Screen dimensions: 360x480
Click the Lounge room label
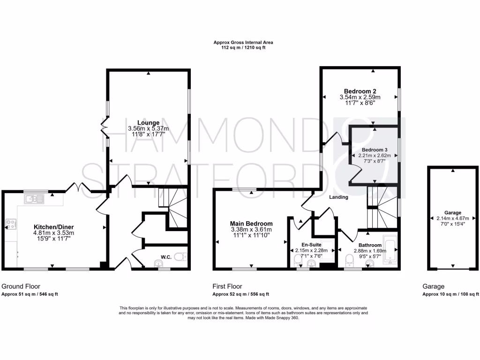click(x=148, y=123)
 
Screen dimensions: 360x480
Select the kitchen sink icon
click(x=34, y=199)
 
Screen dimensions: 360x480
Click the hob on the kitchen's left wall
click(x=10, y=224)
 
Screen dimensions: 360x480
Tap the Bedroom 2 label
click(x=360, y=91)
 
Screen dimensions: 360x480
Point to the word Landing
click(x=338, y=197)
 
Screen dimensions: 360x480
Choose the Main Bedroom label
click(x=251, y=224)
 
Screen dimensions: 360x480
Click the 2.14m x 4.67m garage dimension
click(x=452, y=218)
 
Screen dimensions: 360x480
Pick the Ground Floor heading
click(x=21, y=286)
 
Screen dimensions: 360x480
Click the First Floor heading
click(x=227, y=286)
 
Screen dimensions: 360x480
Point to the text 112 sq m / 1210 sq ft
click(x=243, y=47)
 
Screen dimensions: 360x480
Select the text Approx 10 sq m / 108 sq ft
click(x=450, y=294)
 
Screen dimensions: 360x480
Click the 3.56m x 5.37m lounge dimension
click(x=148, y=128)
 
